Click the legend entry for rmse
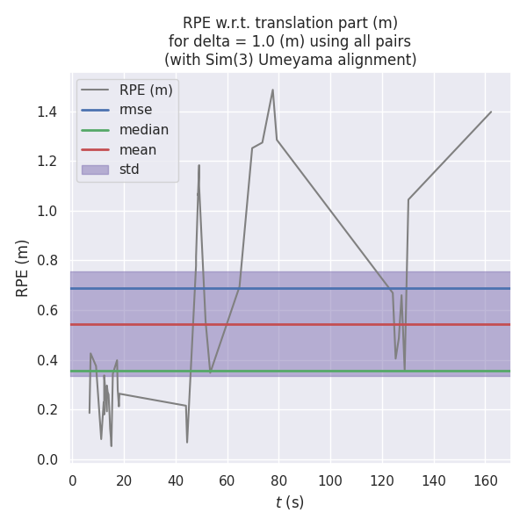point(135,110)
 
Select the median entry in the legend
point(144,130)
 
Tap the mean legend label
point(138,149)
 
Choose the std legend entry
point(129,170)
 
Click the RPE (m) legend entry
point(146,90)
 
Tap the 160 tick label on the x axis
point(486,480)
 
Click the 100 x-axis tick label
point(330,480)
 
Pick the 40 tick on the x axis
point(176,480)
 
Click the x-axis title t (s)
point(290,502)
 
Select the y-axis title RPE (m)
point(23,268)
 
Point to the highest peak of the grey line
point(272,90)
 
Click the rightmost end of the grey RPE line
point(491,112)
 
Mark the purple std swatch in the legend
point(95,170)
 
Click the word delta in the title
point(209,41)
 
